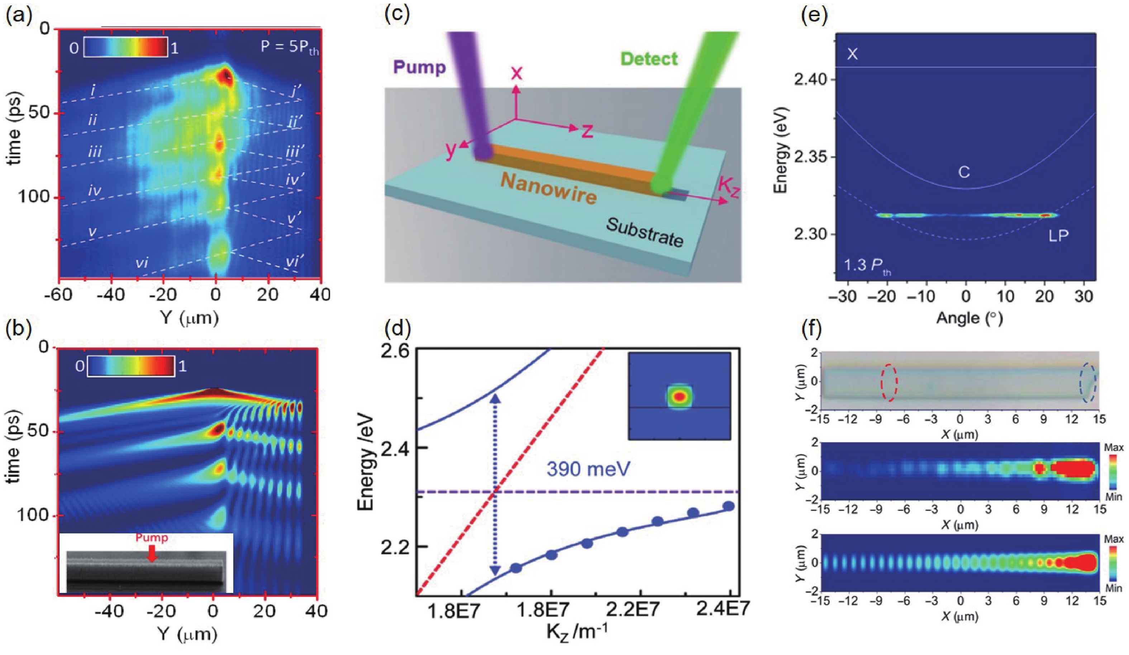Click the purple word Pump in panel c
click(x=419, y=67)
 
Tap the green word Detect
click(x=649, y=59)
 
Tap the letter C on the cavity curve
click(x=964, y=172)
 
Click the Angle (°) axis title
click(x=969, y=318)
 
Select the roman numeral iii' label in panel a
click(x=295, y=152)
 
